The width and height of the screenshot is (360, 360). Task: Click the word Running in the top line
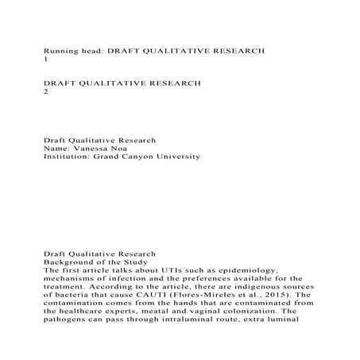point(62,49)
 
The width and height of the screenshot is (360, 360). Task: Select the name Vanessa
point(91,147)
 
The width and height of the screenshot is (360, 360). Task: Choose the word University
point(195,157)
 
